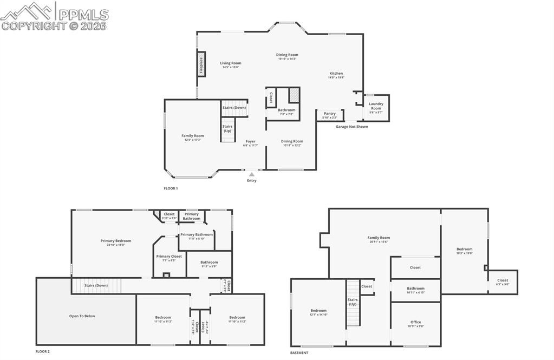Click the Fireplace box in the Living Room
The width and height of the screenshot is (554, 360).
pos(201,64)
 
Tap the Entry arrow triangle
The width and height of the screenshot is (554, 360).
pos(252,174)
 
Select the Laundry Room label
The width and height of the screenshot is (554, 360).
pos(376,106)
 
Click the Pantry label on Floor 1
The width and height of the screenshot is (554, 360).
pos(330,114)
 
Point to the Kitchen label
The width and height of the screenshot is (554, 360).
pos(336,74)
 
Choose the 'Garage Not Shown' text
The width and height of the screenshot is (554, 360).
pos(351,127)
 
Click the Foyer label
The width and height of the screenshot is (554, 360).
pos(251,141)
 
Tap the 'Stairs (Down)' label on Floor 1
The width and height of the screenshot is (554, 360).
pos(234,108)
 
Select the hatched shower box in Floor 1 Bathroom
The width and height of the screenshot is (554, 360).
pos(294,95)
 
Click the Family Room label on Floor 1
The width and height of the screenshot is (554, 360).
pos(192,136)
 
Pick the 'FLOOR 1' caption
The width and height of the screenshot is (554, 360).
pos(171,188)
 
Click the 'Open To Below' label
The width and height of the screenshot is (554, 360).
pos(82,316)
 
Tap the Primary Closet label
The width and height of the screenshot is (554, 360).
pos(169,256)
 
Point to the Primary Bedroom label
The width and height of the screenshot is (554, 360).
pos(116,241)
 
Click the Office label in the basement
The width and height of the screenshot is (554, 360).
pos(415,323)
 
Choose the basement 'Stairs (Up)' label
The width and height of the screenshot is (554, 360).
pos(353,302)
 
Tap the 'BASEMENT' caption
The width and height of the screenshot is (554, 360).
pos(299,352)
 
